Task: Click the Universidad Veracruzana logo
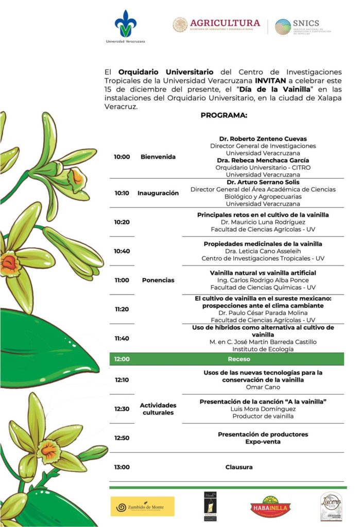click(x=125, y=26)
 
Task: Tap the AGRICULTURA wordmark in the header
click(x=225, y=23)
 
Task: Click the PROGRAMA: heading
click(x=224, y=115)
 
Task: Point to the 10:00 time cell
click(x=122, y=157)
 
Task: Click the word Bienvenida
click(x=158, y=157)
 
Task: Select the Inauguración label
click(x=158, y=193)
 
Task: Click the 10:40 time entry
click(x=122, y=251)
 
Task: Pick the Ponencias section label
click(x=158, y=280)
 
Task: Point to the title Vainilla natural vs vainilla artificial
click(x=263, y=273)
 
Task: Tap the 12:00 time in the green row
click(x=122, y=359)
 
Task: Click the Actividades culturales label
click(x=158, y=409)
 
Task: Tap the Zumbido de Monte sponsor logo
click(x=143, y=506)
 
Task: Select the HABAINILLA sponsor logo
click(x=271, y=506)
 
